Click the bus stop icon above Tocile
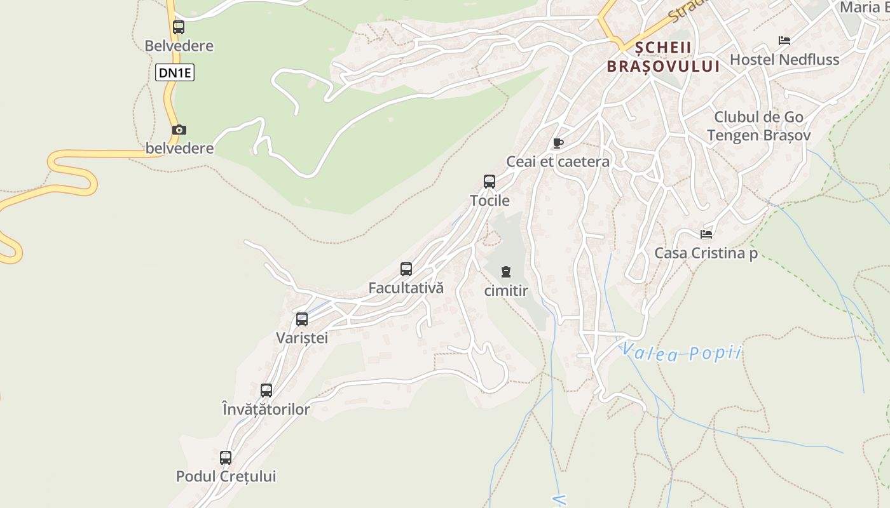(x=489, y=182)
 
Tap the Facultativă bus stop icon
(x=406, y=269)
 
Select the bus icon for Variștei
(x=302, y=319)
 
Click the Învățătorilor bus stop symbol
(x=266, y=391)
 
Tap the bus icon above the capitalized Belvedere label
(x=179, y=27)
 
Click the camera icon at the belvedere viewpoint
(x=179, y=130)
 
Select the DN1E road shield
(x=175, y=73)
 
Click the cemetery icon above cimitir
(x=505, y=272)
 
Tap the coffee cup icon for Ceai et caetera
(x=558, y=143)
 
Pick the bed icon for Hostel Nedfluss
(x=784, y=41)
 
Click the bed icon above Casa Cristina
(x=706, y=234)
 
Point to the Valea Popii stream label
(x=681, y=352)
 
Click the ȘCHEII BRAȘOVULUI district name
(x=663, y=57)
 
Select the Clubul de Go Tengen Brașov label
(x=758, y=126)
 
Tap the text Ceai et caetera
(x=558, y=162)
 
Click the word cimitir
(x=506, y=291)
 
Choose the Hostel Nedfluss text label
(x=784, y=60)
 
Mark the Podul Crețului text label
(x=226, y=476)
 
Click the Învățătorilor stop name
(x=266, y=410)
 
